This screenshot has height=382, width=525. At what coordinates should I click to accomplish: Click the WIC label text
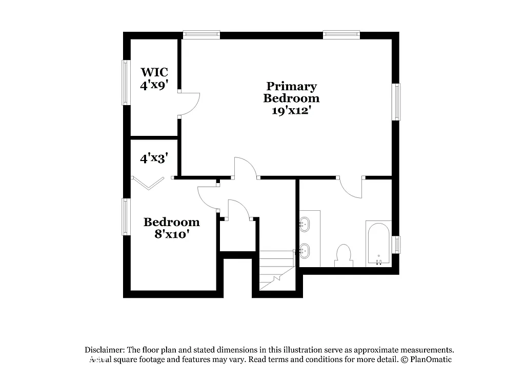point(154,72)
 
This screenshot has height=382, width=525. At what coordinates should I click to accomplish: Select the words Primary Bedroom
point(291,92)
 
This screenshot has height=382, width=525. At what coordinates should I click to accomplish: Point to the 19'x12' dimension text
point(291,110)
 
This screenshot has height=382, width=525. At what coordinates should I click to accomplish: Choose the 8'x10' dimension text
point(171,234)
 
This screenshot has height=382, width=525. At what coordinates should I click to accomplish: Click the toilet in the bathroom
point(343,255)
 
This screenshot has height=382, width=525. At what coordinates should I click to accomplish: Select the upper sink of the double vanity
point(305,224)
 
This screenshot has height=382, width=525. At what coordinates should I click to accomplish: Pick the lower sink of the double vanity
point(305,251)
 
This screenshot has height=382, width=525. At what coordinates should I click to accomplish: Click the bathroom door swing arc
point(351,188)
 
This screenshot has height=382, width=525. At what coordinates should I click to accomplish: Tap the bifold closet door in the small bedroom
point(149,182)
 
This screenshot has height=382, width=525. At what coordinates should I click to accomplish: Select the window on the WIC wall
point(125,83)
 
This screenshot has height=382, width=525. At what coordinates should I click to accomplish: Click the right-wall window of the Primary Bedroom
point(396,102)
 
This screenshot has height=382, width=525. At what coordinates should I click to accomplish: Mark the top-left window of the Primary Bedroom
point(201,35)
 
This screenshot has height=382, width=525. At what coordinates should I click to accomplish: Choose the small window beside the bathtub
point(396,244)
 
